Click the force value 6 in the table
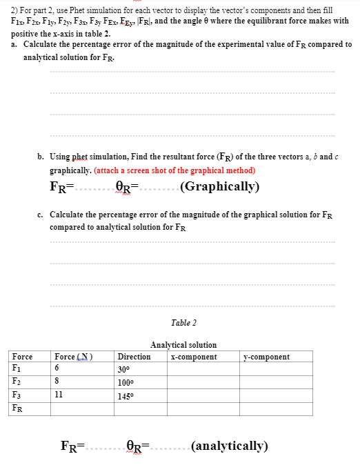57,369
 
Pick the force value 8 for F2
57,382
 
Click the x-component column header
194,357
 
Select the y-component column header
267,357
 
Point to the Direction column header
134,357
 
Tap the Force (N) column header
73,357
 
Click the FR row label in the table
18,408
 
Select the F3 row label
17,395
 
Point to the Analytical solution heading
183,345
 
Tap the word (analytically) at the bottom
230,446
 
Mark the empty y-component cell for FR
276,408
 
